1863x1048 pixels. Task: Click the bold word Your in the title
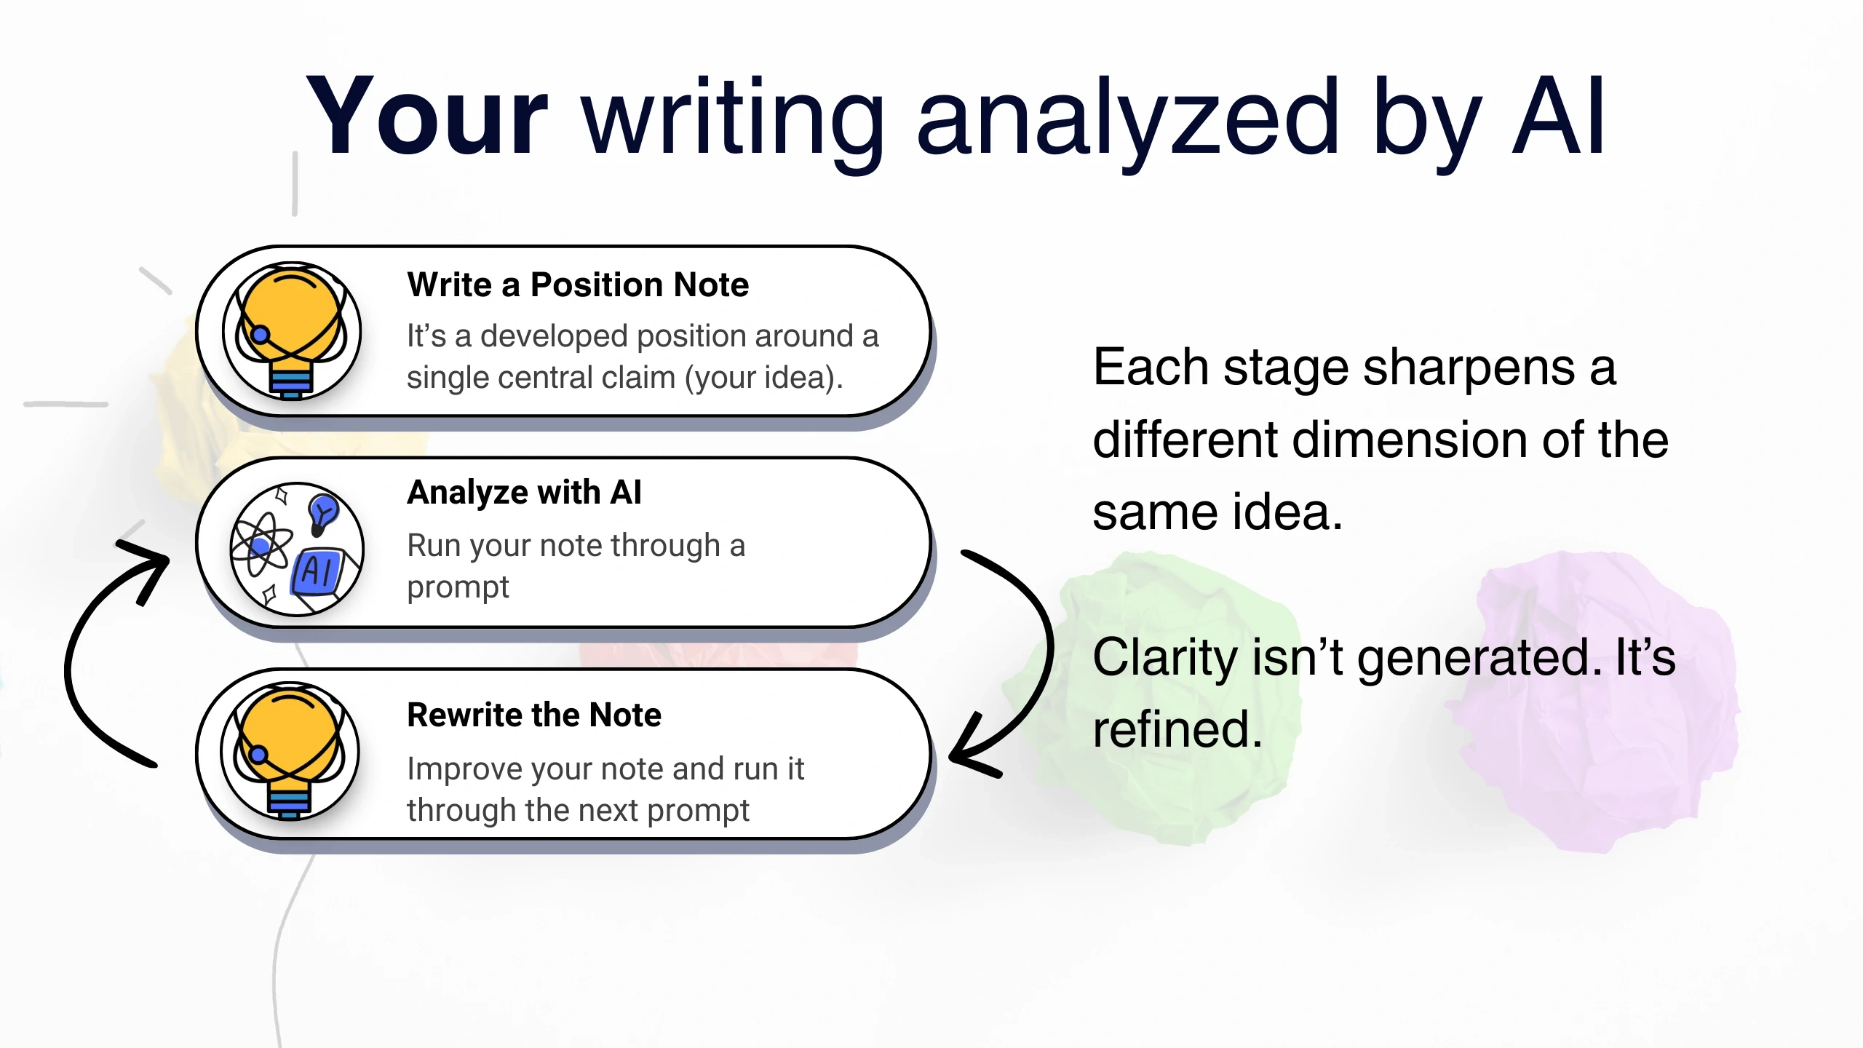[x=426, y=116]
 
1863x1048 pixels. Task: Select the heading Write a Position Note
[x=578, y=285]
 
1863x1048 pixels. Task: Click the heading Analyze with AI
[x=524, y=493]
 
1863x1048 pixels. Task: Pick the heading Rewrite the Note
[x=534, y=715]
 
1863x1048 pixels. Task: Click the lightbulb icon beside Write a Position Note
[x=292, y=331]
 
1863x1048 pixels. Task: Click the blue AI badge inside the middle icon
[x=318, y=571]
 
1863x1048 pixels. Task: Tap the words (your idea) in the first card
[x=763, y=378]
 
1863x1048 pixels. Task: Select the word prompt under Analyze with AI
[x=458, y=587]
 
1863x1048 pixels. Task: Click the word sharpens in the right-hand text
[x=1469, y=368]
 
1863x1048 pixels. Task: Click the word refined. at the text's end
[x=1177, y=730]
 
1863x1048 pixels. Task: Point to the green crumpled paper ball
[x=1164, y=699]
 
